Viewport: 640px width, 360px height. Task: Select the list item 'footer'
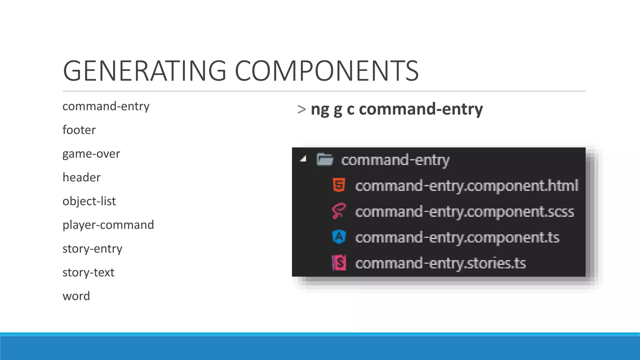tap(79, 130)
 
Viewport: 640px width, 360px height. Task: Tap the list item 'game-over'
tap(91, 154)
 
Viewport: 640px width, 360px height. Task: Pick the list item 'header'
tap(82, 177)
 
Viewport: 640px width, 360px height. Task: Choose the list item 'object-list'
tap(89, 201)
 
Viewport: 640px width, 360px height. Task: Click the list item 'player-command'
tap(108, 225)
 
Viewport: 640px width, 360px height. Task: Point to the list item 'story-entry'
tap(92, 249)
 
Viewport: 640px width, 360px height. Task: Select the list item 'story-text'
tap(88, 272)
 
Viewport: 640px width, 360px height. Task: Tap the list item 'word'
tap(76, 296)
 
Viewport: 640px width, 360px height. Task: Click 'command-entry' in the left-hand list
tap(106, 106)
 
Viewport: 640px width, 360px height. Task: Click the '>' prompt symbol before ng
tap(302, 109)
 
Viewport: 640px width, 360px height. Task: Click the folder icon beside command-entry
tap(325, 159)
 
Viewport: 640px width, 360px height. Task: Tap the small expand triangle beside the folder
tap(303, 159)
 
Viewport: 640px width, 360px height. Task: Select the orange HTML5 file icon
tap(339, 185)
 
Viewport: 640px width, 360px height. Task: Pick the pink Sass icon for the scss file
tap(339, 211)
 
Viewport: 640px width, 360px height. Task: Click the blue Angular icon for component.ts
tap(339, 237)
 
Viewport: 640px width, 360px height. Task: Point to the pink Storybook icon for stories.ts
tap(339, 263)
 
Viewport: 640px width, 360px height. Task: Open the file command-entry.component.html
tap(467, 186)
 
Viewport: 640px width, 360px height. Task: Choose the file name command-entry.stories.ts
tap(440, 263)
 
